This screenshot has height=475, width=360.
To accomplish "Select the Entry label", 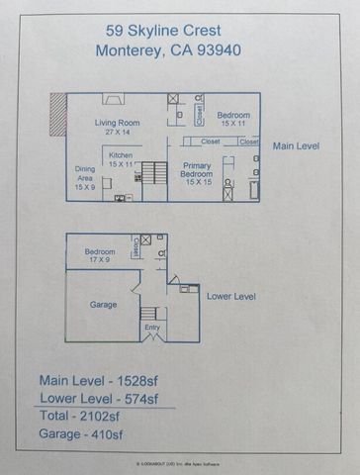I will click(x=151, y=327).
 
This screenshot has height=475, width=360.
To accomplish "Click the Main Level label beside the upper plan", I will click(x=296, y=145).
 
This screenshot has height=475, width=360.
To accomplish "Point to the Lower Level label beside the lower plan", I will click(x=231, y=295).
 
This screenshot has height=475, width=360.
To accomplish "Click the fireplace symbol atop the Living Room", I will click(x=115, y=99).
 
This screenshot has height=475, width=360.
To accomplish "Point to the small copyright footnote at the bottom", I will click(x=179, y=461).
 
